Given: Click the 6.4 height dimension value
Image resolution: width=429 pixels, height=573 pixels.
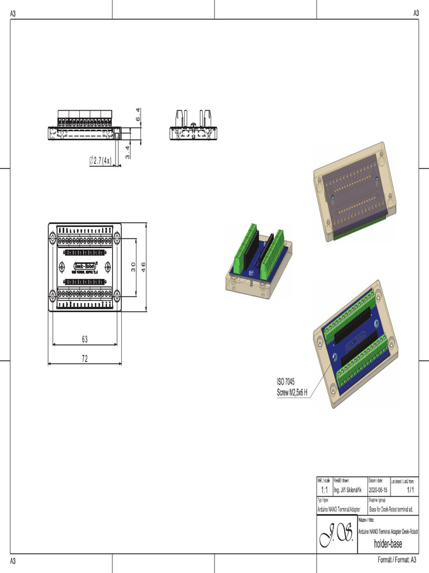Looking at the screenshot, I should click(138, 116).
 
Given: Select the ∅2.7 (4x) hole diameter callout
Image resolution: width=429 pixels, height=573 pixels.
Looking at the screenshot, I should click(101, 161).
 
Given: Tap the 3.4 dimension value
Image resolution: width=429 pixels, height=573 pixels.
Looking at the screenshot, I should click(128, 152).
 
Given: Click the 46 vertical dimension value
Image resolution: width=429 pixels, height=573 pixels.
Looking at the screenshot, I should click(143, 267).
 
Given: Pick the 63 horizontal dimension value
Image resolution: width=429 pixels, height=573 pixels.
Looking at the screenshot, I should click(85, 339).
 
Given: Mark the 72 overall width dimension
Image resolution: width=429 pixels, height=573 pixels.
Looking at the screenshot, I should click(85, 359).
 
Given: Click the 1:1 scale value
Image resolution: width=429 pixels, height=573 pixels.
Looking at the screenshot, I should click(324, 490).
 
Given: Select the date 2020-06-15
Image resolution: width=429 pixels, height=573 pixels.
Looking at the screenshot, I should click(378, 490).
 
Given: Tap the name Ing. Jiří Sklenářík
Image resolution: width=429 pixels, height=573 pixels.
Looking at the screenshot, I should click(349, 490).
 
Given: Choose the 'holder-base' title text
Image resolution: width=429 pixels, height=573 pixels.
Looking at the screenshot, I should click(388, 544).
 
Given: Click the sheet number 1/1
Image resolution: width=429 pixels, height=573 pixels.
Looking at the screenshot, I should click(411, 490).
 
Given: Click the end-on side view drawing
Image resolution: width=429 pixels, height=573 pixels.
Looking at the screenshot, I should click(193, 126).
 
